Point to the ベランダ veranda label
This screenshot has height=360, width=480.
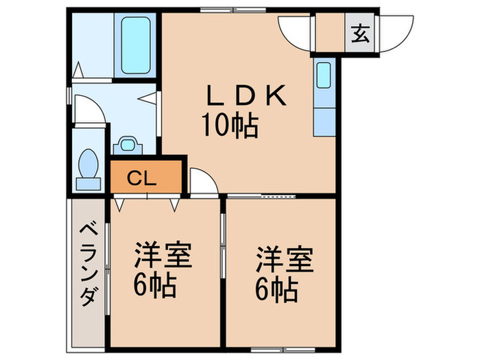(87, 263)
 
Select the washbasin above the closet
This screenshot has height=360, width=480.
(126, 145)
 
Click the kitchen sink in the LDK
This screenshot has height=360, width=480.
(324, 76)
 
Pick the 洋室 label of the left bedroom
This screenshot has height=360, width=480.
(161, 256)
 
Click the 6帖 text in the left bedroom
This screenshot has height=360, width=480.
(155, 283)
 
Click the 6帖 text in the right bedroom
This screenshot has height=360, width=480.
(277, 290)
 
